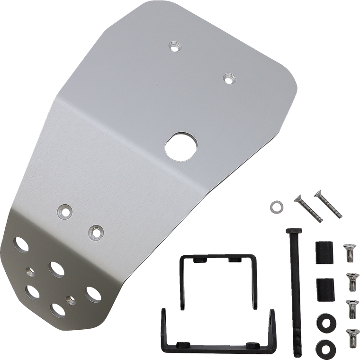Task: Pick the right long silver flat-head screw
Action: pos(327,203)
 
